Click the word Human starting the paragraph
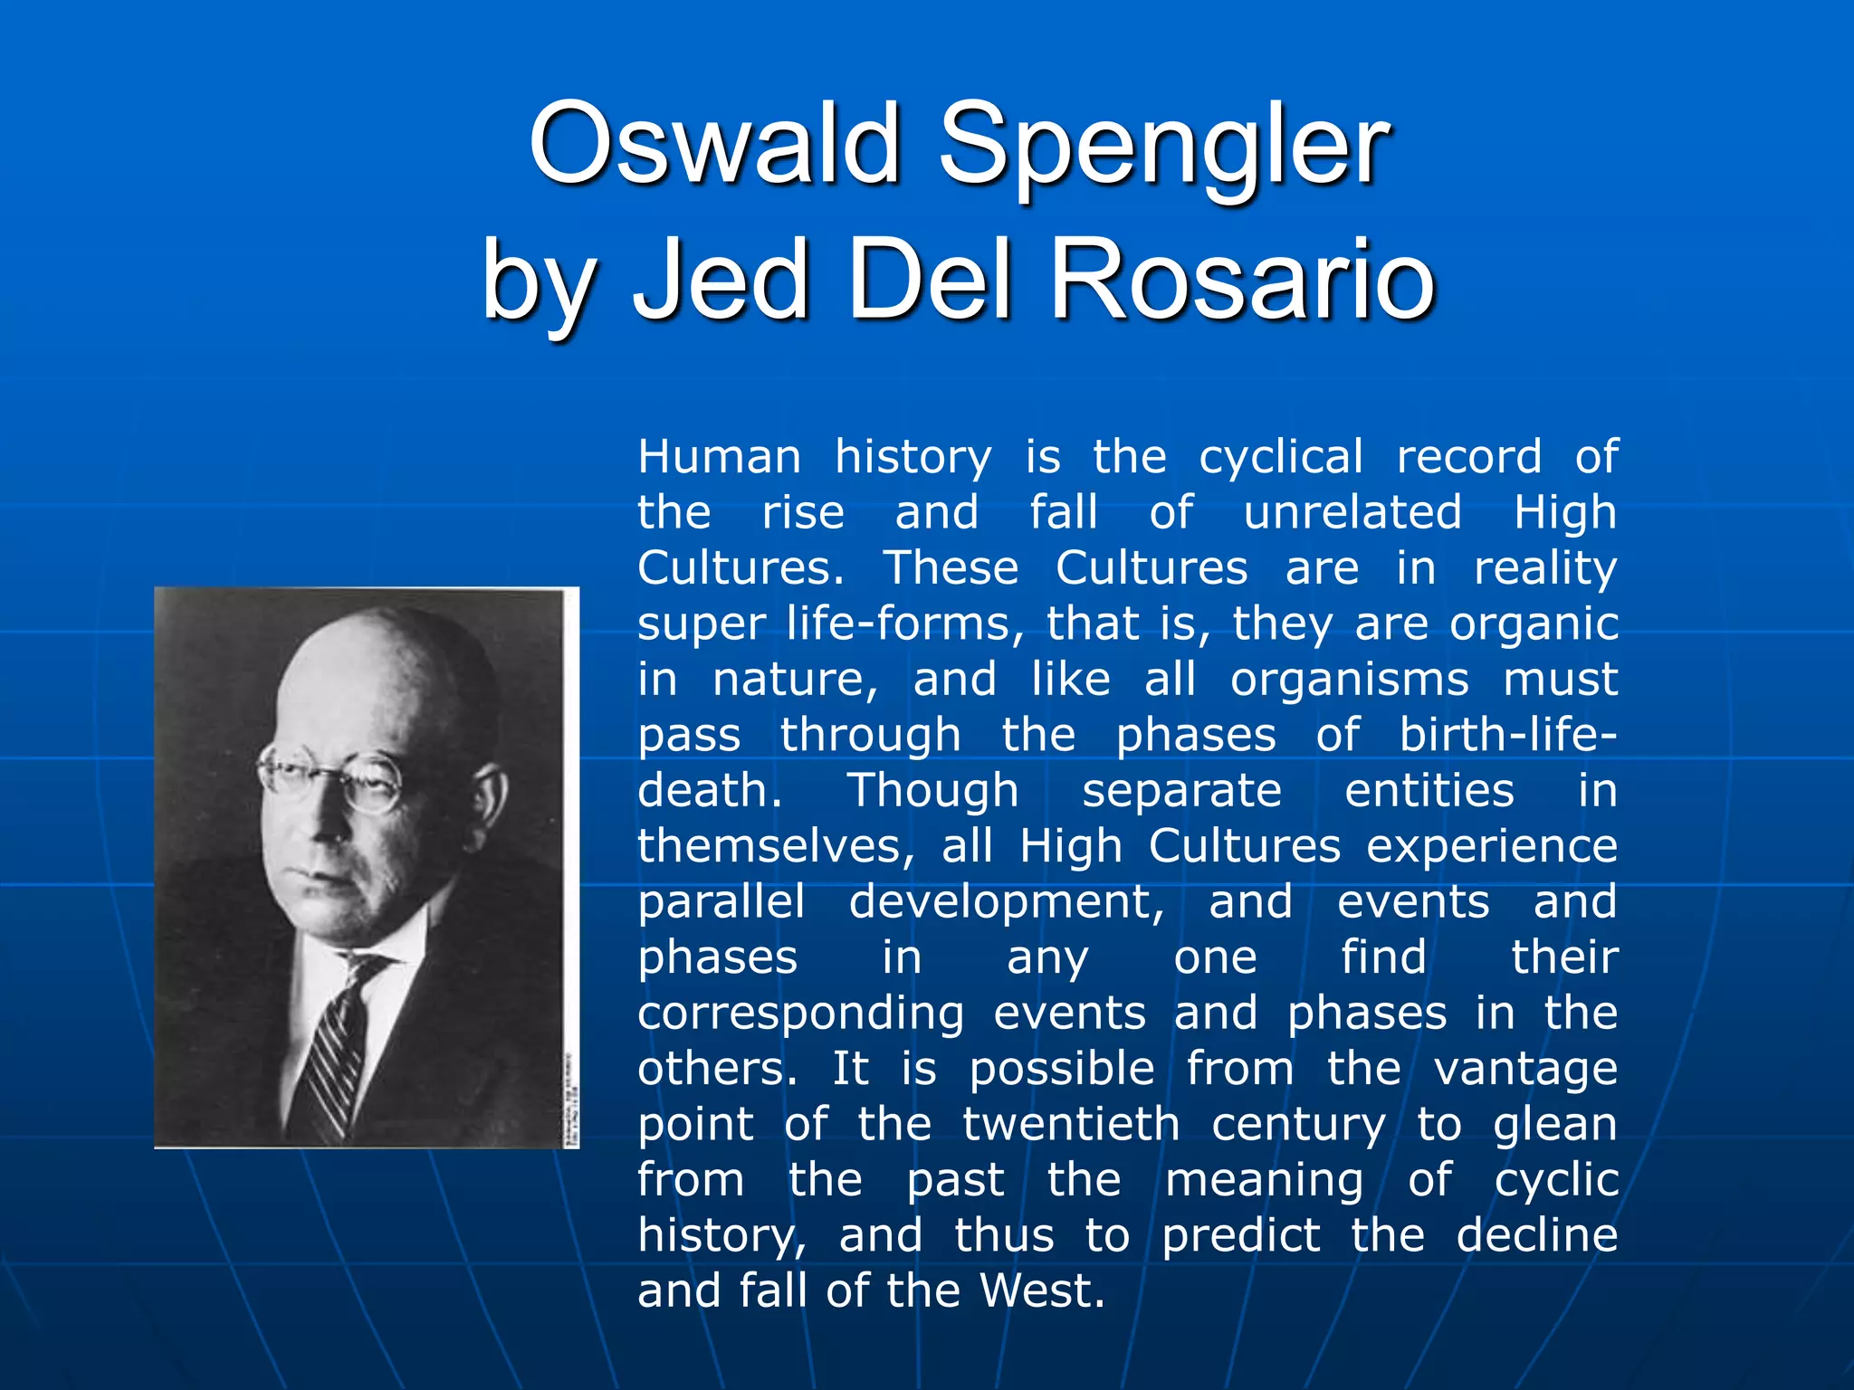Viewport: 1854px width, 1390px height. (x=720, y=457)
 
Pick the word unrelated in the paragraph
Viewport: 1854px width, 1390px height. (x=1352, y=512)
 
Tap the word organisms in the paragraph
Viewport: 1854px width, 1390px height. (x=1350, y=681)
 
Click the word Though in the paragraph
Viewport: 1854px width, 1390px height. (x=932, y=792)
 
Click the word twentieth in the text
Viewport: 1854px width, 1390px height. (x=1071, y=1125)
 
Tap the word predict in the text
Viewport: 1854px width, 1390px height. (x=1241, y=1236)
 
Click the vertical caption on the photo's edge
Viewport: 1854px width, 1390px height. (x=570, y=1100)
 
